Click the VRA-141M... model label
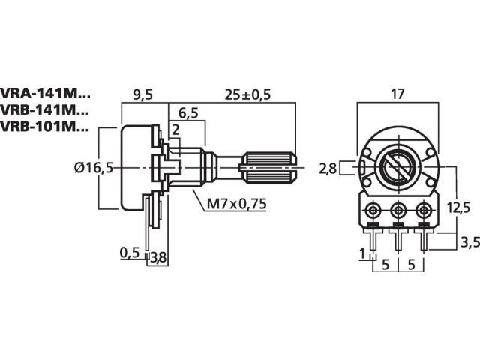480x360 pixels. point(45,93)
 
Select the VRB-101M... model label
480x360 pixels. point(45,127)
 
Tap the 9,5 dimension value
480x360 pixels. point(142,95)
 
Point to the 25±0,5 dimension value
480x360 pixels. point(247,95)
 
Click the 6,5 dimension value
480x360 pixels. point(188,113)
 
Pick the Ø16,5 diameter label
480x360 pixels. point(94,168)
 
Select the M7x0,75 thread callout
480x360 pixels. point(237,204)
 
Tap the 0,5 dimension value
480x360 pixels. point(130,253)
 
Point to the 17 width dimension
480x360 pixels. point(397,94)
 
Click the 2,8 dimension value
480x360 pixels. point(328,169)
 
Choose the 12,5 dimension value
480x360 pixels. point(458,208)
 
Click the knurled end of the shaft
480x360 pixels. point(269,167)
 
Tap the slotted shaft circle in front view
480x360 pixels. point(398,166)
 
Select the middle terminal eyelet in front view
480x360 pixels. point(398,210)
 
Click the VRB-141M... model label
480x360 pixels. point(45,110)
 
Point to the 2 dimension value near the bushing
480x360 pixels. point(175,130)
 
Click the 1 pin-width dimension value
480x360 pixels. point(362,253)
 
